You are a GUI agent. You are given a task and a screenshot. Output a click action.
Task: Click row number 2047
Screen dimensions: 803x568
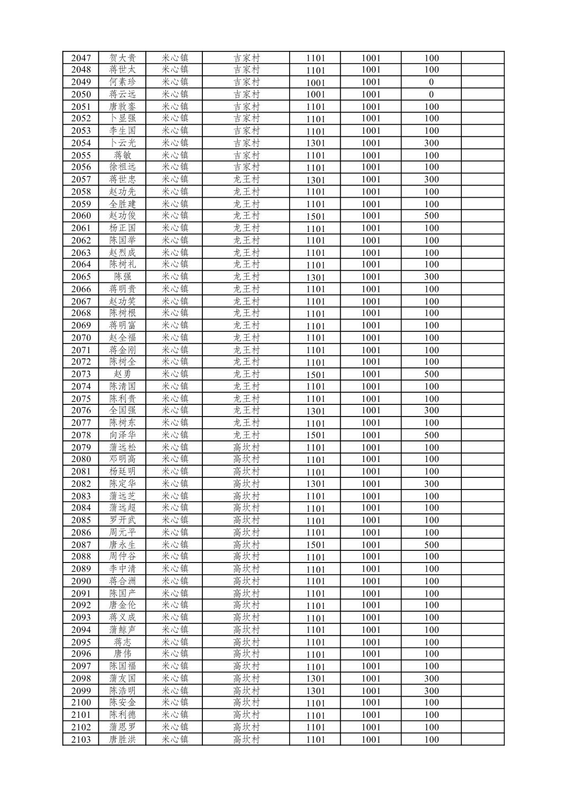pyautogui.click(x=81, y=58)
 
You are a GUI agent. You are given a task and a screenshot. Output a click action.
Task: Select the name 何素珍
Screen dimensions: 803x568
pyautogui.click(x=123, y=82)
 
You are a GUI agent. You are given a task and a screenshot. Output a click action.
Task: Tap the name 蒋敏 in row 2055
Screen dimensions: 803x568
pyautogui.click(x=123, y=155)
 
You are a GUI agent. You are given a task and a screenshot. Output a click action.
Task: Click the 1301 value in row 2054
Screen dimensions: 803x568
pyautogui.click(x=315, y=143)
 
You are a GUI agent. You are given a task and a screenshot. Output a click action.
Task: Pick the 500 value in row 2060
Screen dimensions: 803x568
pyautogui.click(x=431, y=216)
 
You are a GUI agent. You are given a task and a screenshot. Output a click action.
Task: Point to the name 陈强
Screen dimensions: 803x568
pyautogui.click(x=123, y=277)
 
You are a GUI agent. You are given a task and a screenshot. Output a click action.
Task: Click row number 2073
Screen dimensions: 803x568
pyautogui.click(x=81, y=374)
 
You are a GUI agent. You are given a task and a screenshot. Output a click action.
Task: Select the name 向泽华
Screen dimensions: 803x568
pyautogui.click(x=123, y=435)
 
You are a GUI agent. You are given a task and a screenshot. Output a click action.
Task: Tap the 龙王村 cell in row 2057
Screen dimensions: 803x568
pyautogui.click(x=247, y=179)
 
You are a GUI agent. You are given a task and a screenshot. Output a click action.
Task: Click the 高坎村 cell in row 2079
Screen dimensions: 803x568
pyautogui.click(x=247, y=447)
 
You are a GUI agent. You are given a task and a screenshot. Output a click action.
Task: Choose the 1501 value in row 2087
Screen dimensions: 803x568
pyautogui.click(x=315, y=545)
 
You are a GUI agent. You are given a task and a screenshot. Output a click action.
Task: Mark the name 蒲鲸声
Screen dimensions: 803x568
pyautogui.click(x=123, y=630)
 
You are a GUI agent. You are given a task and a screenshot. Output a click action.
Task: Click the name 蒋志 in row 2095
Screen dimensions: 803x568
pyautogui.click(x=123, y=642)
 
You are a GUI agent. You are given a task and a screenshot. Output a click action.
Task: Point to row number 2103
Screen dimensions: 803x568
pyautogui.click(x=81, y=740)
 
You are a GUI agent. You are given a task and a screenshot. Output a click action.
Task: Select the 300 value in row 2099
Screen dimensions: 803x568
pyautogui.click(x=431, y=691)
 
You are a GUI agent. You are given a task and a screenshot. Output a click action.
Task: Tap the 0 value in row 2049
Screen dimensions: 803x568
pyautogui.click(x=431, y=82)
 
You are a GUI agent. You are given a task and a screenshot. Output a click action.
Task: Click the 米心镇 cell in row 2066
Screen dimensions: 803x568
pyautogui.click(x=175, y=289)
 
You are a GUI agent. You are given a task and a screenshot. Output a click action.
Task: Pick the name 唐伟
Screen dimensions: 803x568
pyautogui.click(x=123, y=654)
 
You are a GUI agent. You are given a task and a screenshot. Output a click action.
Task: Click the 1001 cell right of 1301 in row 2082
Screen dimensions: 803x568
pyautogui.click(x=371, y=484)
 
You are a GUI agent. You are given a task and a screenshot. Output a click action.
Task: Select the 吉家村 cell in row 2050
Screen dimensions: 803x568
pyautogui.click(x=247, y=94)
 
